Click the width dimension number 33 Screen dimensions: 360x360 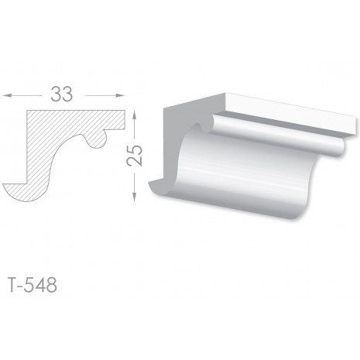62,94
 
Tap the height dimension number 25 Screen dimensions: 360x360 135,155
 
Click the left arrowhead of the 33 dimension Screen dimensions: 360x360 7,96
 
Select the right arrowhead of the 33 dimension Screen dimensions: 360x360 121,96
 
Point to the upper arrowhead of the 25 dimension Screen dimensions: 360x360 134,115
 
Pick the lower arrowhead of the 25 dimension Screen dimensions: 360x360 134,197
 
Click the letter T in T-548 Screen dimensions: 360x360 14,285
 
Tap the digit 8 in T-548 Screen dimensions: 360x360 52,285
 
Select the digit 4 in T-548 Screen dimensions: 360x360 40,285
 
